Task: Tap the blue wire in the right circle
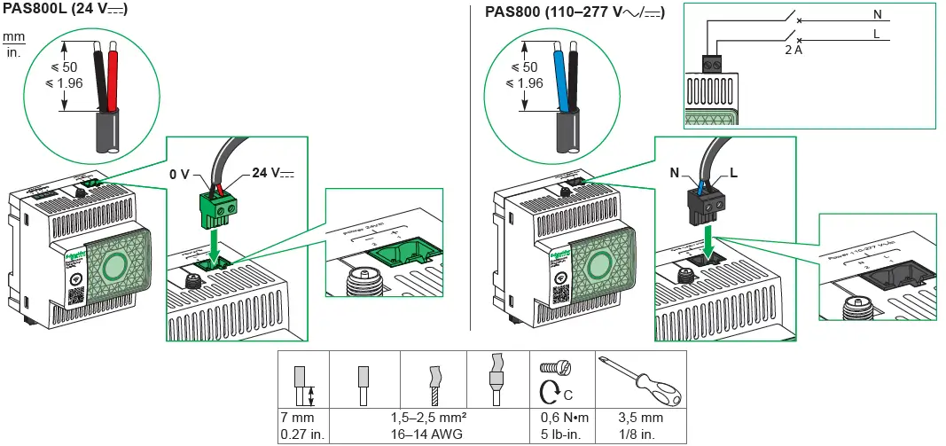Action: point(560,80)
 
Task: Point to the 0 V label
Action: point(179,176)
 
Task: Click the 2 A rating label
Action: point(794,51)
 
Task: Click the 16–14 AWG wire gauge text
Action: point(429,434)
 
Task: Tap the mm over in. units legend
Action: point(13,44)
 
